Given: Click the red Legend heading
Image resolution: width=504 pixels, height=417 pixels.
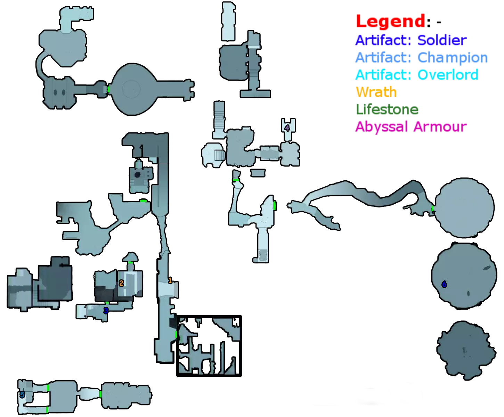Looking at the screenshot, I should (x=390, y=21).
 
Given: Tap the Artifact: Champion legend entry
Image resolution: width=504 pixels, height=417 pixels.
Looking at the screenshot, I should (x=421, y=57).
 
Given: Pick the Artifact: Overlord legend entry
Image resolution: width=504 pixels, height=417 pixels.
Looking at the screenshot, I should (x=416, y=74).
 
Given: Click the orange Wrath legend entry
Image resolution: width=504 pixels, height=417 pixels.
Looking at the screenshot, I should (x=376, y=92).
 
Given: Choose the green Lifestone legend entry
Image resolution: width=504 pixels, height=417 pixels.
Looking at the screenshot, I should (x=387, y=110).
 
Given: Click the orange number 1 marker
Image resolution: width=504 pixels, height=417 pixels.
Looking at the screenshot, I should (x=170, y=280).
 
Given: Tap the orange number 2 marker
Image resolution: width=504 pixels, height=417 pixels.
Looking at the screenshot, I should (x=121, y=283).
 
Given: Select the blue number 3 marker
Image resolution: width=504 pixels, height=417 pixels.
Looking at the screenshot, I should (x=106, y=311).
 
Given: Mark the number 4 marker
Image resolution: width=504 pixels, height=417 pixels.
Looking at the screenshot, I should (x=287, y=128).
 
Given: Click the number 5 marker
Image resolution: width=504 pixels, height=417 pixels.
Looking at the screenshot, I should (x=22, y=395).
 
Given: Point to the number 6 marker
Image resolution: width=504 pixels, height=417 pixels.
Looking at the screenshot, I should (x=444, y=285).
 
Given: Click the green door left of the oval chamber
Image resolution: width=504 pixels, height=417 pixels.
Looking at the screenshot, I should (x=109, y=89).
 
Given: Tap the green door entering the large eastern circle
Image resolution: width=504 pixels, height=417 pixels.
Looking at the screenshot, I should (x=432, y=208).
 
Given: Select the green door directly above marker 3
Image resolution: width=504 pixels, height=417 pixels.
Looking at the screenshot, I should (x=107, y=303).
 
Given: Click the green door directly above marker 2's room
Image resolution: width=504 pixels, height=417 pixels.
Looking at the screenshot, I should (x=130, y=263).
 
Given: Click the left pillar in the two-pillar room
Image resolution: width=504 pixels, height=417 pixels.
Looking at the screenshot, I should (x=55, y=92).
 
